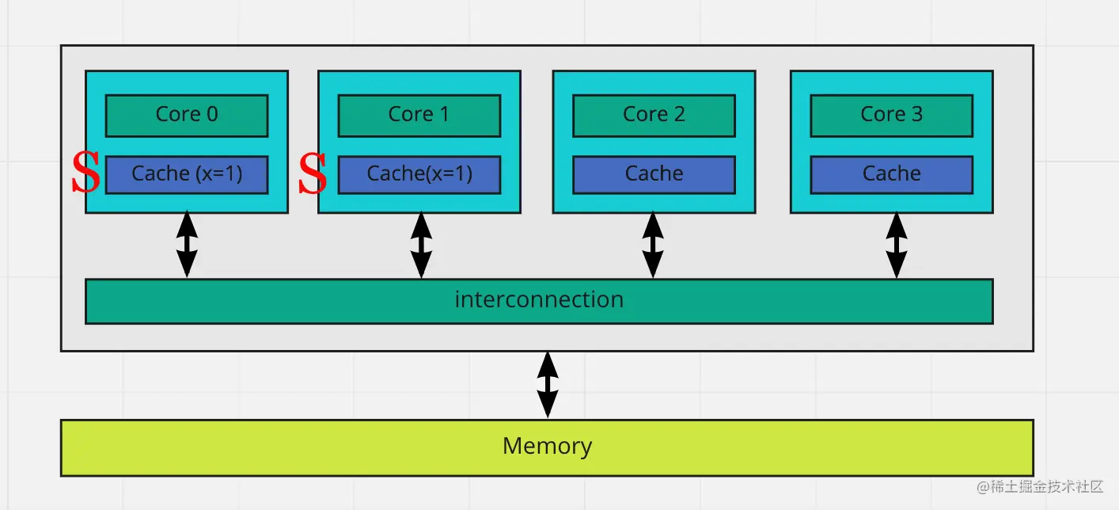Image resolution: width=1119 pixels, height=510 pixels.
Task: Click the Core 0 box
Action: tap(187, 115)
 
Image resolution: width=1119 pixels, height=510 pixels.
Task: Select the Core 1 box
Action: tap(419, 115)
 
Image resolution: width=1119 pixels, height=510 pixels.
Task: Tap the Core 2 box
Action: tap(654, 115)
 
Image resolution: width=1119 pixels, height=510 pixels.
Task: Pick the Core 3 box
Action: tap(891, 115)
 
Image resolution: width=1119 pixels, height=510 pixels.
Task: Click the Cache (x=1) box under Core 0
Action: tap(187, 174)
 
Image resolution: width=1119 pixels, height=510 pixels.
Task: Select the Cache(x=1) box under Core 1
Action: tap(419, 174)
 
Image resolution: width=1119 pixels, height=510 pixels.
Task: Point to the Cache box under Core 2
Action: tap(654, 174)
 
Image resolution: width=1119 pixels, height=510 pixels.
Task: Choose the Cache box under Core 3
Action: tap(891, 174)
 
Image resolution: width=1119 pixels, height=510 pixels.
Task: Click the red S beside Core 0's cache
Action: tap(85, 174)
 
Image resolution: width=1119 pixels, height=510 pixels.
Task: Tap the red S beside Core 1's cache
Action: tap(313, 174)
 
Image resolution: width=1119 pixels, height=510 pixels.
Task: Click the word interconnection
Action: tap(539, 300)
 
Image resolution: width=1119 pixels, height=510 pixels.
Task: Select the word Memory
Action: tap(547, 447)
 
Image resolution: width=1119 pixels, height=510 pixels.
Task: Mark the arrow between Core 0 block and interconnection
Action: tap(187, 245)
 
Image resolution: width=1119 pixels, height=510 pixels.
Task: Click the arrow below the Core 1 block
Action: tap(422, 245)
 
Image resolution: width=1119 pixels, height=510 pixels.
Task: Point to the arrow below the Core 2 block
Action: tap(653, 245)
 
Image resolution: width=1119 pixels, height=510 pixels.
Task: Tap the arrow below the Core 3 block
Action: tap(896, 245)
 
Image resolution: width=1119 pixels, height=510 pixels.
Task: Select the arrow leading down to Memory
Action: tap(547, 385)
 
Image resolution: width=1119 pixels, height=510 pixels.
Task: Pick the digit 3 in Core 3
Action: tap(916, 115)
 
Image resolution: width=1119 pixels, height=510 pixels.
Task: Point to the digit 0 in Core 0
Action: tap(211, 115)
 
